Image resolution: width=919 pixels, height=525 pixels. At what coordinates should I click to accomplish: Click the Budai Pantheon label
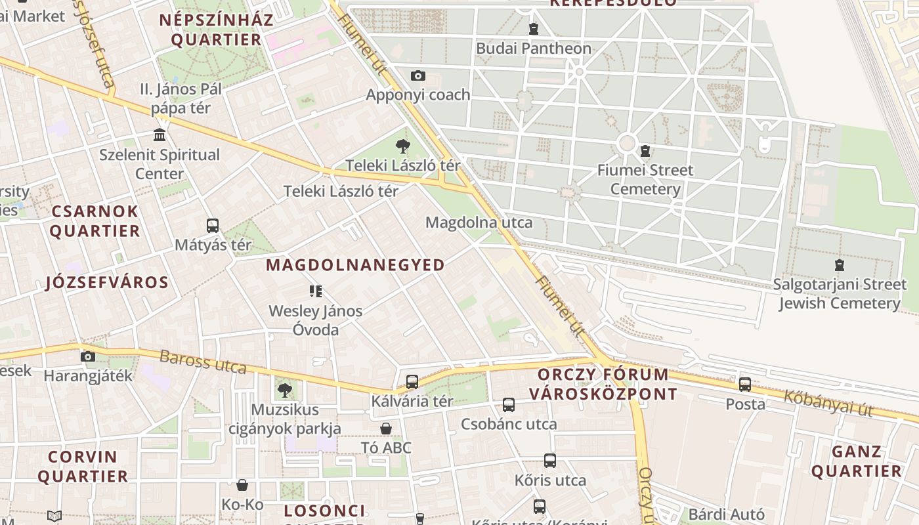point(533,48)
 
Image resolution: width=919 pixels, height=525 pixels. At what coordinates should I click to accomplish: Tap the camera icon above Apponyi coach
point(417,76)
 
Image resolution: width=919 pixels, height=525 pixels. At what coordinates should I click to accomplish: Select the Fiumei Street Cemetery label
point(645,179)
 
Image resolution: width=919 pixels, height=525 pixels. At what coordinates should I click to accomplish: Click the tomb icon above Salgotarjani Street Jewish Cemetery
point(839,265)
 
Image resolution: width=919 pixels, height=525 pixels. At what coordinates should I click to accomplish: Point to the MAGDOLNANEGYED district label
point(355,265)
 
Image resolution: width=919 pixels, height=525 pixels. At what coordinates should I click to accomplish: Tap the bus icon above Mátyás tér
point(213,226)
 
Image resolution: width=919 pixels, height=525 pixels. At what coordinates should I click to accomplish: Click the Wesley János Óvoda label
point(315,320)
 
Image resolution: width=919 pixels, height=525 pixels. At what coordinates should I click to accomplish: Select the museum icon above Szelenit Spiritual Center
point(159,135)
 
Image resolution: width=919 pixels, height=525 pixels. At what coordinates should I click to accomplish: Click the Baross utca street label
point(203,362)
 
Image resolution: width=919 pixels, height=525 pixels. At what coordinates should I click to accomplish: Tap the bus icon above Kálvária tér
point(412,381)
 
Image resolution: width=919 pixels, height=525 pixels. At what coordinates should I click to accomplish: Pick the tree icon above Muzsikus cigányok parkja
point(284,390)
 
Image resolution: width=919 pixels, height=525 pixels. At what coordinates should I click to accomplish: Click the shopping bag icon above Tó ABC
point(386,429)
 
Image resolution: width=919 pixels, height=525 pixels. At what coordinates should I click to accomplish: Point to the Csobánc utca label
point(509,424)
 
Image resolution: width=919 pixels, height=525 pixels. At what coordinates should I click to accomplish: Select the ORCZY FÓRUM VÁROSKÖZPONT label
point(603,384)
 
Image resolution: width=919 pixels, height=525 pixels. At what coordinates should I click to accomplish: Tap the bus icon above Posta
point(745,385)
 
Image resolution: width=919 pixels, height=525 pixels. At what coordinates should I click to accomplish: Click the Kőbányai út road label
point(828,403)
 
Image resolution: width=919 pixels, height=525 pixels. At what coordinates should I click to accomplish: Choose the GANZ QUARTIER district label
point(856,461)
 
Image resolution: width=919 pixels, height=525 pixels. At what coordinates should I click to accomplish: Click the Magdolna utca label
point(479,222)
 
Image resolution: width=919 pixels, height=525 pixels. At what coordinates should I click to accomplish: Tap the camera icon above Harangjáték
point(87,356)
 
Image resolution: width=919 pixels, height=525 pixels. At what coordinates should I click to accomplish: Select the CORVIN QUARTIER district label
point(83,466)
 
